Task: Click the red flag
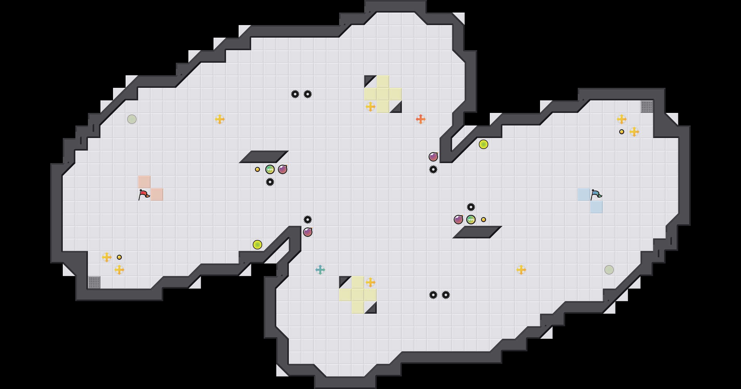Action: (x=144, y=194)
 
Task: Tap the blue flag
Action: (x=596, y=194)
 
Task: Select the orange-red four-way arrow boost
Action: (x=420, y=119)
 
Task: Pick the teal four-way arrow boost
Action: (x=320, y=270)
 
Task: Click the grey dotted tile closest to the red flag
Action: (x=94, y=282)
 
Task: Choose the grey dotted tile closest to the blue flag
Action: (x=647, y=107)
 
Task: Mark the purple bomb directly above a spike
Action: (x=433, y=157)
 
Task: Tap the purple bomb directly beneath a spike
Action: (x=308, y=232)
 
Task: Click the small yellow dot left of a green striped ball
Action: (x=257, y=169)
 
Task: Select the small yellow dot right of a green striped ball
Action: (x=484, y=220)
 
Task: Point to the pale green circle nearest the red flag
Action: (x=132, y=119)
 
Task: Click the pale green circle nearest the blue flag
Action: (x=609, y=270)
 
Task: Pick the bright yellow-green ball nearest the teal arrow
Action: (x=257, y=245)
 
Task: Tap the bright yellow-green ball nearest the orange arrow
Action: (x=484, y=144)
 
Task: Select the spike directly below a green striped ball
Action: (x=270, y=182)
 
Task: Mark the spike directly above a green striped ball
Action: (x=471, y=207)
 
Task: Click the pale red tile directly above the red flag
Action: (x=144, y=182)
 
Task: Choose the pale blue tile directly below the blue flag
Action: (x=597, y=207)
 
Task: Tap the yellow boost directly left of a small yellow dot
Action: (x=107, y=257)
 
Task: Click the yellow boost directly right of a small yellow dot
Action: (x=634, y=132)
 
